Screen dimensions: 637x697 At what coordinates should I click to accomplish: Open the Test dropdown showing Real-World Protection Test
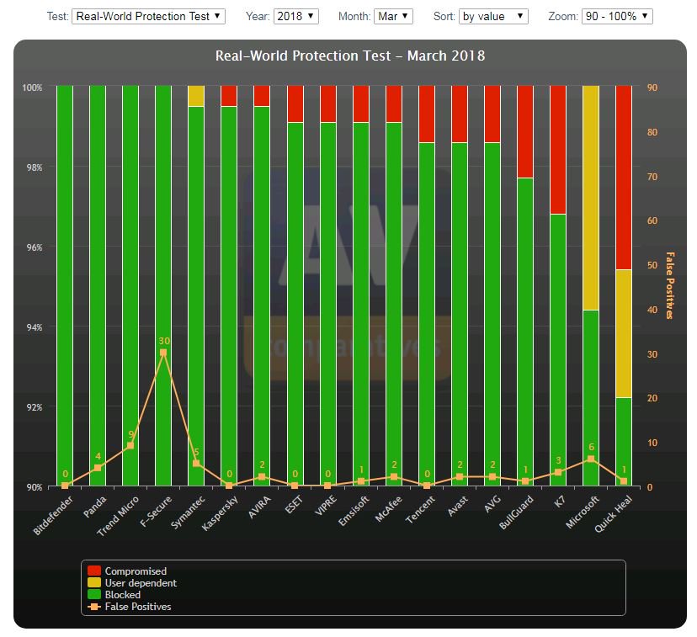[x=148, y=16]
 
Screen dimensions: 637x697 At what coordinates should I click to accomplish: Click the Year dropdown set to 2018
[x=295, y=16]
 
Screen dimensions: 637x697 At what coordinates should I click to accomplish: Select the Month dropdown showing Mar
[x=393, y=16]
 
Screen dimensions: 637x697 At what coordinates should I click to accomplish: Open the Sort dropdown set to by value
[x=493, y=16]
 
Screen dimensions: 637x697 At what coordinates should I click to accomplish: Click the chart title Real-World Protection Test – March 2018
[x=349, y=56]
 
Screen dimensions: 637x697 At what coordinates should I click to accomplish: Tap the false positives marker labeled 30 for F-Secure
[x=163, y=353]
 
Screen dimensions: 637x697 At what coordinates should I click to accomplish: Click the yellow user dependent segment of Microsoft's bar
[x=591, y=198]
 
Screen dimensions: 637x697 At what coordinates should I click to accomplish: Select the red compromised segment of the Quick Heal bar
[x=624, y=177]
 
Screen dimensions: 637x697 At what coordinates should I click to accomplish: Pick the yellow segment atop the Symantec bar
[x=196, y=96]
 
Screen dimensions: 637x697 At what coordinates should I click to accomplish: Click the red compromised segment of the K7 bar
[x=558, y=150]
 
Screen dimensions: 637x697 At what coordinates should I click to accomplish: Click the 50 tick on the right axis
[x=651, y=265]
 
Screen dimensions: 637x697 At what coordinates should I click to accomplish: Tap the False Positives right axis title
[x=670, y=285]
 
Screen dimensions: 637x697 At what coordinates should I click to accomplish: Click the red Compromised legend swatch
[x=94, y=571]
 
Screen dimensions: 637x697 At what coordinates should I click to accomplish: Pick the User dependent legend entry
[x=140, y=583]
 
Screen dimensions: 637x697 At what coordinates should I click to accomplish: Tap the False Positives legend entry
[x=137, y=606]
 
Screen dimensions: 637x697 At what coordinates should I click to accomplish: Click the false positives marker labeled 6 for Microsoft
[x=591, y=459]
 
